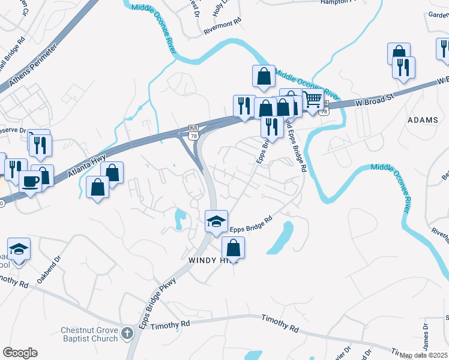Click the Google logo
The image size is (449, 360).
[20, 352]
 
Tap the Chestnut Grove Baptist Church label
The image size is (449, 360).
[89, 334]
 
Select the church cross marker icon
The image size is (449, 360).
[127, 332]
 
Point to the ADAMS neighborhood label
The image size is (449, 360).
[423, 120]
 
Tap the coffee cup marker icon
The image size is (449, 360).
[30, 181]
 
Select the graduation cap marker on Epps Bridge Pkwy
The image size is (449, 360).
[216, 221]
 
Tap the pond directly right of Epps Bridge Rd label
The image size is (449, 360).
[281, 238]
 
